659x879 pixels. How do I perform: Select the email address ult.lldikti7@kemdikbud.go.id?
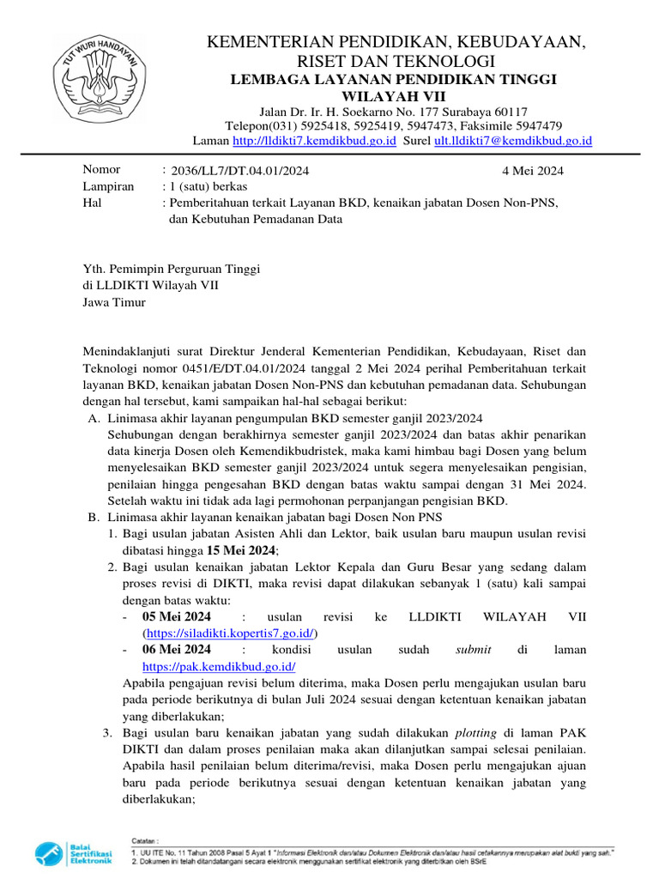point(513,141)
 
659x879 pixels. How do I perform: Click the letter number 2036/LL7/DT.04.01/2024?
point(239,171)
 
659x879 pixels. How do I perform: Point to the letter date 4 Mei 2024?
point(532,171)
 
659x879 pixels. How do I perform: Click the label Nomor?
point(101,170)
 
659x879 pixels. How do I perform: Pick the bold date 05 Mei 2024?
point(176,617)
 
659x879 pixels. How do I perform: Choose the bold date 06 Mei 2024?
point(176,649)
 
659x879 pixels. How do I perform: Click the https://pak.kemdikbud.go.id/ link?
point(219,665)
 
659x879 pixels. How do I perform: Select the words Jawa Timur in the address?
point(114,302)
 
